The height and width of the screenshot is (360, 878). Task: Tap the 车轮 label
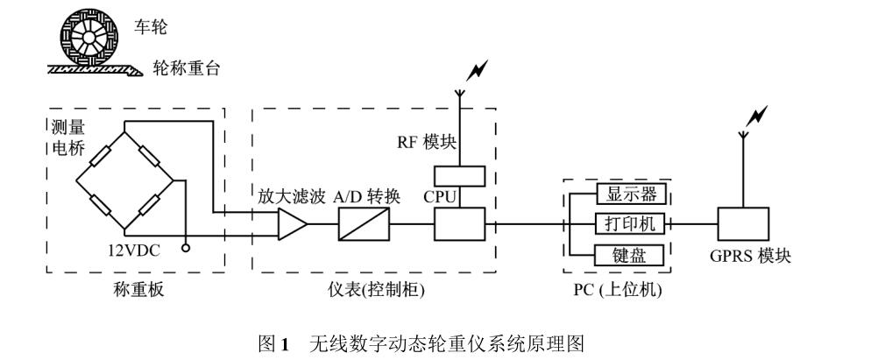[150, 28]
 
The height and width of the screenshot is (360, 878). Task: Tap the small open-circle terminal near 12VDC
[185, 248]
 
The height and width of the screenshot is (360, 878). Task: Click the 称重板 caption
[134, 290]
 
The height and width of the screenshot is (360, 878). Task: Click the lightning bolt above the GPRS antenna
[758, 115]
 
